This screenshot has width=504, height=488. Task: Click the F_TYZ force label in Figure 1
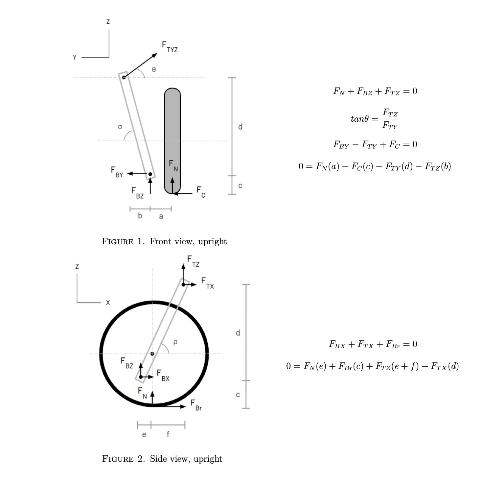coord(170,47)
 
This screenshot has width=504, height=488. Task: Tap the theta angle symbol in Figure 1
coord(154,69)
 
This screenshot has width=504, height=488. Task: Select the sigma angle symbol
coord(120,127)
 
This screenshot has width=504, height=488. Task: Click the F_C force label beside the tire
coord(201,192)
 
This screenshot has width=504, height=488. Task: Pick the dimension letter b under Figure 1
coord(140,216)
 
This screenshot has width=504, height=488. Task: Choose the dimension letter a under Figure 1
coord(161,216)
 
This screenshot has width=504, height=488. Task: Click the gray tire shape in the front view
coord(172,141)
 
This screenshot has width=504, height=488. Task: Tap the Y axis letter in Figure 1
coord(75,57)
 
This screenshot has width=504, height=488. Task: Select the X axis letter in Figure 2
coord(108,303)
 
